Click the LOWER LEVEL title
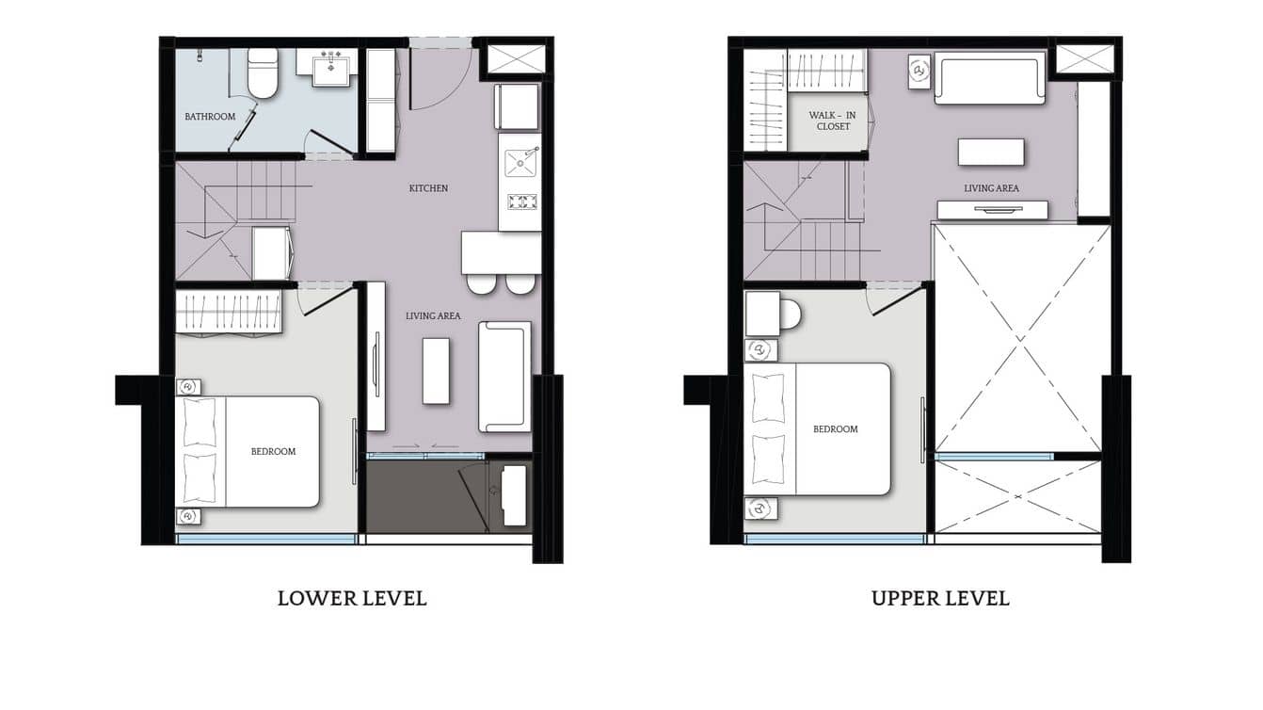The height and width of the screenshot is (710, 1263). (x=352, y=598)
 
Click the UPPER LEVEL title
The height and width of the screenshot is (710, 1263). (x=940, y=598)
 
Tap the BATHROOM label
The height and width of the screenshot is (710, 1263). (x=210, y=117)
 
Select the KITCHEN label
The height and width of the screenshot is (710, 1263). (x=428, y=188)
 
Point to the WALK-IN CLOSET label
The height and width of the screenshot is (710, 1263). (x=833, y=121)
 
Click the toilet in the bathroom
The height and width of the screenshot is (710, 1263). (x=263, y=73)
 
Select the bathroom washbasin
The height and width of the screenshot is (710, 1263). (x=330, y=69)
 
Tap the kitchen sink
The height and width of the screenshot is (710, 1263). (x=520, y=162)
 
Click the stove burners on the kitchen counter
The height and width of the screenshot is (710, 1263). (x=521, y=201)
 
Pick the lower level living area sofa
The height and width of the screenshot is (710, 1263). (x=505, y=377)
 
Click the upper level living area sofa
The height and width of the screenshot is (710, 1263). (x=990, y=78)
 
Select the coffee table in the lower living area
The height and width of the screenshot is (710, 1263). (x=436, y=370)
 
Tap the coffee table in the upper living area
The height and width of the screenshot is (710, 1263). (x=991, y=152)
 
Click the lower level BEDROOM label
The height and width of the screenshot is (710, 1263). (x=273, y=451)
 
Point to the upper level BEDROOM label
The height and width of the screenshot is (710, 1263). (x=836, y=429)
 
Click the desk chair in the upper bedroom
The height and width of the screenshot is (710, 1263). (x=790, y=314)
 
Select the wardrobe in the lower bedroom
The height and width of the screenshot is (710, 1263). (x=230, y=313)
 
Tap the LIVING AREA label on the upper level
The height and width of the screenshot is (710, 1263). (x=991, y=188)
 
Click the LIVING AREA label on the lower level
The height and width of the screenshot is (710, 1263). (x=433, y=315)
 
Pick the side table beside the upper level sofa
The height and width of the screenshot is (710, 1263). (x=919, y=72)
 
